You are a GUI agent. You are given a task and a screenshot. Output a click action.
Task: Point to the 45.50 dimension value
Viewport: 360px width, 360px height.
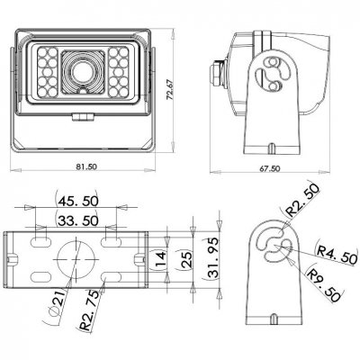78,200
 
